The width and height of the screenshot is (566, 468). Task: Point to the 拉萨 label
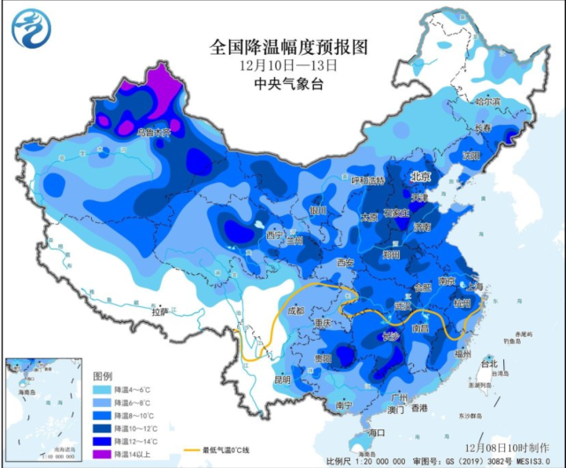tap(159, 311)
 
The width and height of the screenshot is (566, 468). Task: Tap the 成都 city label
tap(294, 311)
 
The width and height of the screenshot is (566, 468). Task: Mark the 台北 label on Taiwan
tap(487, 364)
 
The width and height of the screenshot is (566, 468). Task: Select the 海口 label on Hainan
tap(379, 432)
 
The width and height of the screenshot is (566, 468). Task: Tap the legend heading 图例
tap(103, 375)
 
